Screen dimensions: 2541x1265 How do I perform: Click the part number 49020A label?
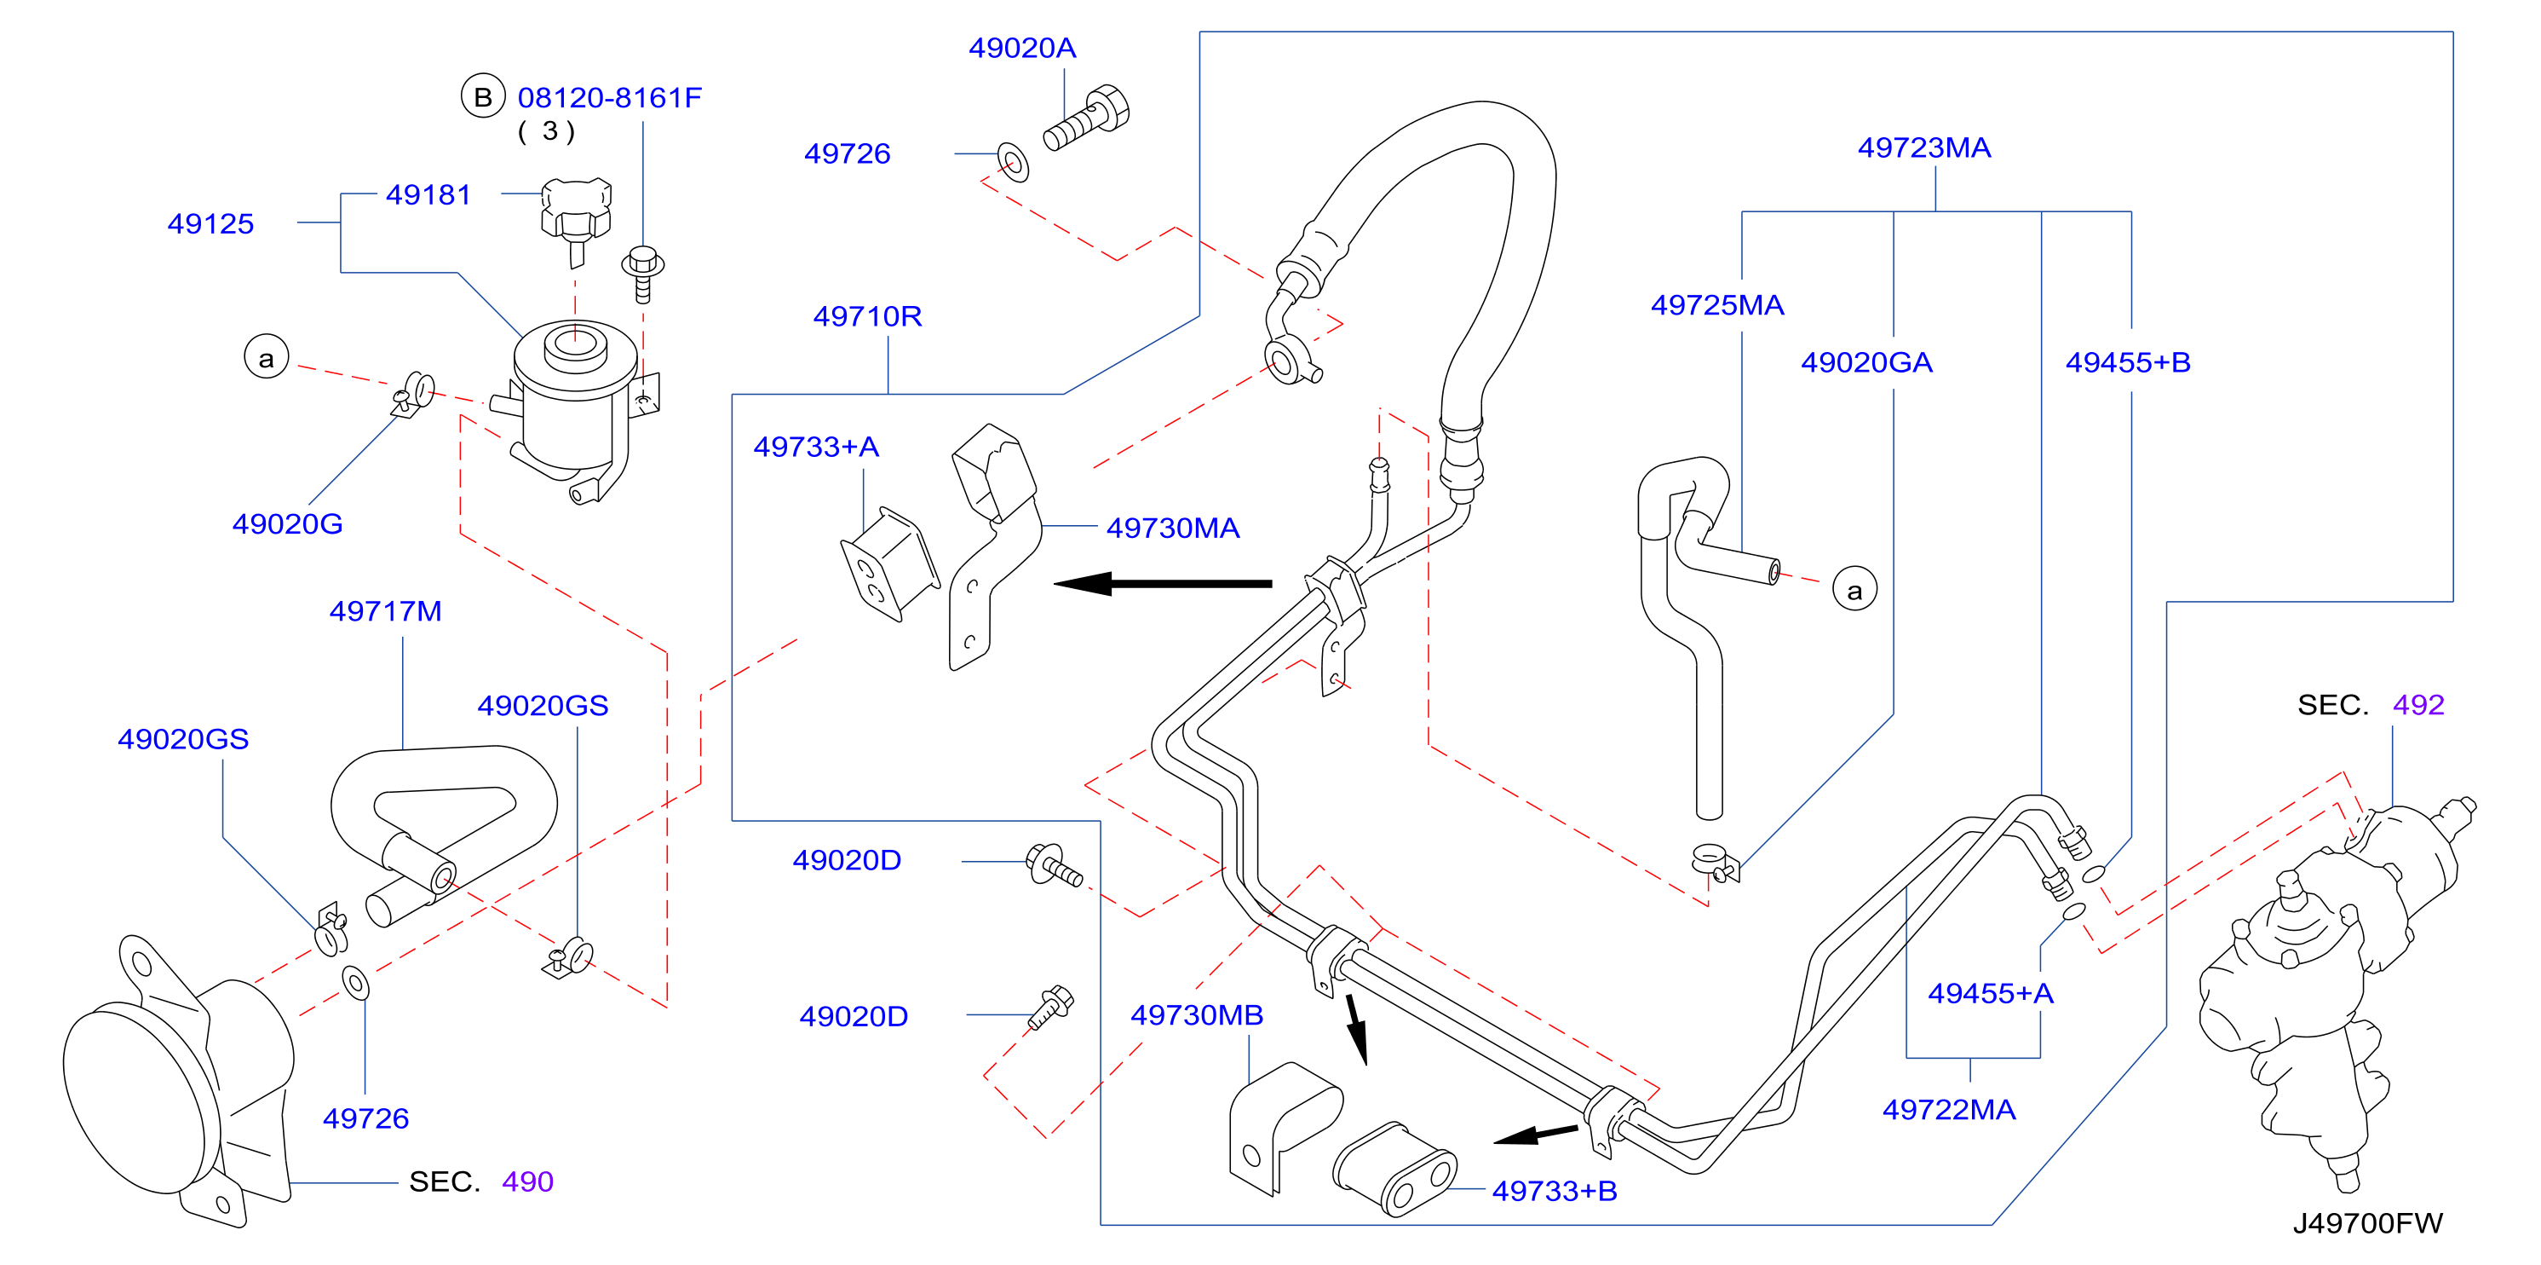[x=1022, y=48]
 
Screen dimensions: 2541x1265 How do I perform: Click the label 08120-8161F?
[x=610, y=98]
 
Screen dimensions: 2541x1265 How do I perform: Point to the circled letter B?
[x=483, y=96]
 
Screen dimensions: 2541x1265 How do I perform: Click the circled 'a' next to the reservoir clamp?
[x=267, y=357]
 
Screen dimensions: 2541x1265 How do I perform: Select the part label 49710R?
[x=867, y=315]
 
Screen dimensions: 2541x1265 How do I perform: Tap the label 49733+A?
[x=816, y=447]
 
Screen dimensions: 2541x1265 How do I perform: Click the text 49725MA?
[x=1717, y=305]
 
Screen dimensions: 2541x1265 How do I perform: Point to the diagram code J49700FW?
[x=2367, y=1223]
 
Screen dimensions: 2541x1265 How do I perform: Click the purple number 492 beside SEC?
[x=2417, y=705]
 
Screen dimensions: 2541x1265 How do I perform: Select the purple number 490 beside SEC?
[x=528, y=1181]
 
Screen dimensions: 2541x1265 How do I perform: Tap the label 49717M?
[x=385, y=612]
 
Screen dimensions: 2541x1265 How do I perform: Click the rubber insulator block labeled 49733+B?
[x=1394, y=1169]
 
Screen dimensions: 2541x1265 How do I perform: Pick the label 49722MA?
[x=1948, y=1110]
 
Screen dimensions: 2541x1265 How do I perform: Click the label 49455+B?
[x=2128, y=362]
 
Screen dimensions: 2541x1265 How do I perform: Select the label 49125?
[x=210, y=224]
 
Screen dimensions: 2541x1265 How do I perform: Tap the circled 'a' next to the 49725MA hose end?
[x=1854, y=589]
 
